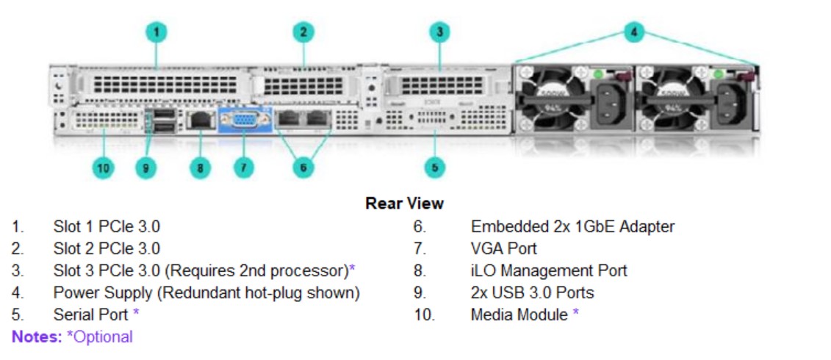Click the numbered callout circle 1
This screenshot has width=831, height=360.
click(x=156, y=32)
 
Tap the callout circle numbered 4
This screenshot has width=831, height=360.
click(x=634, y=32)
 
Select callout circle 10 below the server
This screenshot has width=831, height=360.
click(x=104, y=168)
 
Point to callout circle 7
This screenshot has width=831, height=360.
click(x=243, y=168)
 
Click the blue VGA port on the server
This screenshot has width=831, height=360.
click(x=244, y=120)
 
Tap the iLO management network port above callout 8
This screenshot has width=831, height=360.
click(x=201, y=121)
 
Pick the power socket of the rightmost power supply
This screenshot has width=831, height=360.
click(x=733, y=104)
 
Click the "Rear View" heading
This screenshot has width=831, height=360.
click(x=404, y=203)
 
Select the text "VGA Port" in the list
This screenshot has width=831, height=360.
click(x=503, y=248)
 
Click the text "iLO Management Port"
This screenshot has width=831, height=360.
click(x=549, y=270)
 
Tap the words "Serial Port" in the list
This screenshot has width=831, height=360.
click(x=90, y=314)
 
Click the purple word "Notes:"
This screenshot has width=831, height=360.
click(x=37, y=336)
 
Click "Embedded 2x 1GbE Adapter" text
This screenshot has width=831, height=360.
click(x=572, y=227)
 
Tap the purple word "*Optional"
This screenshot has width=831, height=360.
click(x=100, y=337)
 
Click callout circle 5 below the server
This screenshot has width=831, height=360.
click(x=434, y=168)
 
